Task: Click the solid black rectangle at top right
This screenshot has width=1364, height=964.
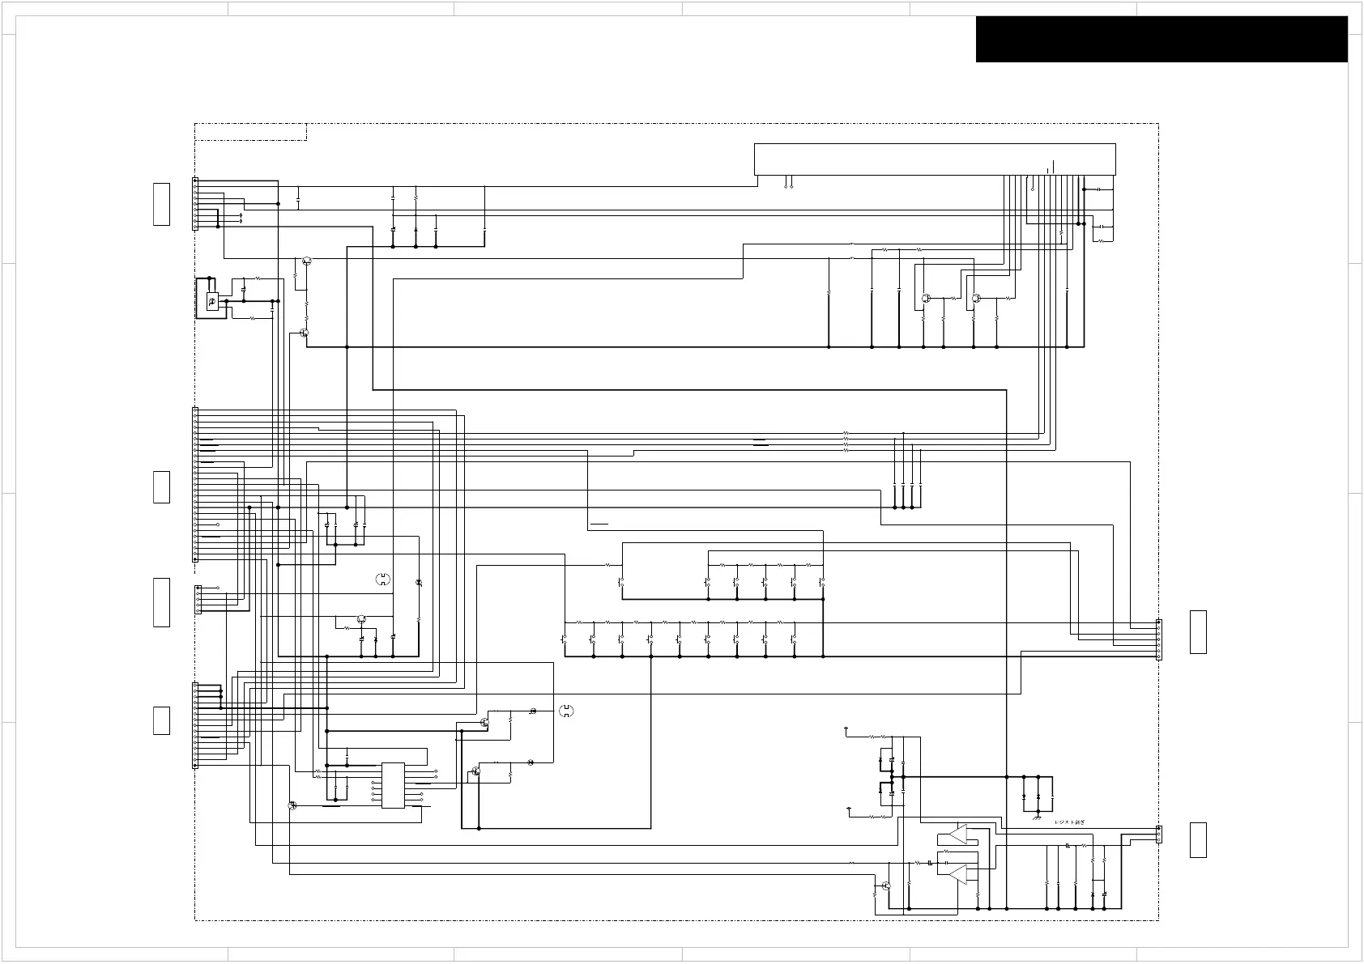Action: click(1161, 39)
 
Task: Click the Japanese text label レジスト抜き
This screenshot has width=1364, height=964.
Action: click(1068, 822)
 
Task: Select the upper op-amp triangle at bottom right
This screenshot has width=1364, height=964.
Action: click(958, 834)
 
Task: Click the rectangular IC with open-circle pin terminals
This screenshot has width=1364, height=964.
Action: click(393, 785)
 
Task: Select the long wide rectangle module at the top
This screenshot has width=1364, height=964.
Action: click(934, 159)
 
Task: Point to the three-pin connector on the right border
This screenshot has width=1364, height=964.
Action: click(1158, 834)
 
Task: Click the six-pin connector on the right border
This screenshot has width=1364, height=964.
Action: click(1158, 639)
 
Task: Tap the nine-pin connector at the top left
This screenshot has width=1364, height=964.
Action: click(194, 204)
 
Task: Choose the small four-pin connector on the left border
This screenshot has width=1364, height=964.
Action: click(198, 599)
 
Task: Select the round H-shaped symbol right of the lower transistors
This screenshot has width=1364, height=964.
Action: click(566, 711)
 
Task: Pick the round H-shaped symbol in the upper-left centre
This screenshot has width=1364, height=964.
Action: click(383, 579)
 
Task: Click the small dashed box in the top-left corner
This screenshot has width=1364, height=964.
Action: click(251, 132)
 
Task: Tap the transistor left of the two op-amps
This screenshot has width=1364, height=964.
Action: click(887, 887)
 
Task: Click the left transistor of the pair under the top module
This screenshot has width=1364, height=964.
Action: click(925, 298)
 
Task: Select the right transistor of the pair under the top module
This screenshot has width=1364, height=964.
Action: click(977, 298)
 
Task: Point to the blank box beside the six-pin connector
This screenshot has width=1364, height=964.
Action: click(1198, 632)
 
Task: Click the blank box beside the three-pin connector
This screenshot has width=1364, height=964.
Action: click(1198, 839)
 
